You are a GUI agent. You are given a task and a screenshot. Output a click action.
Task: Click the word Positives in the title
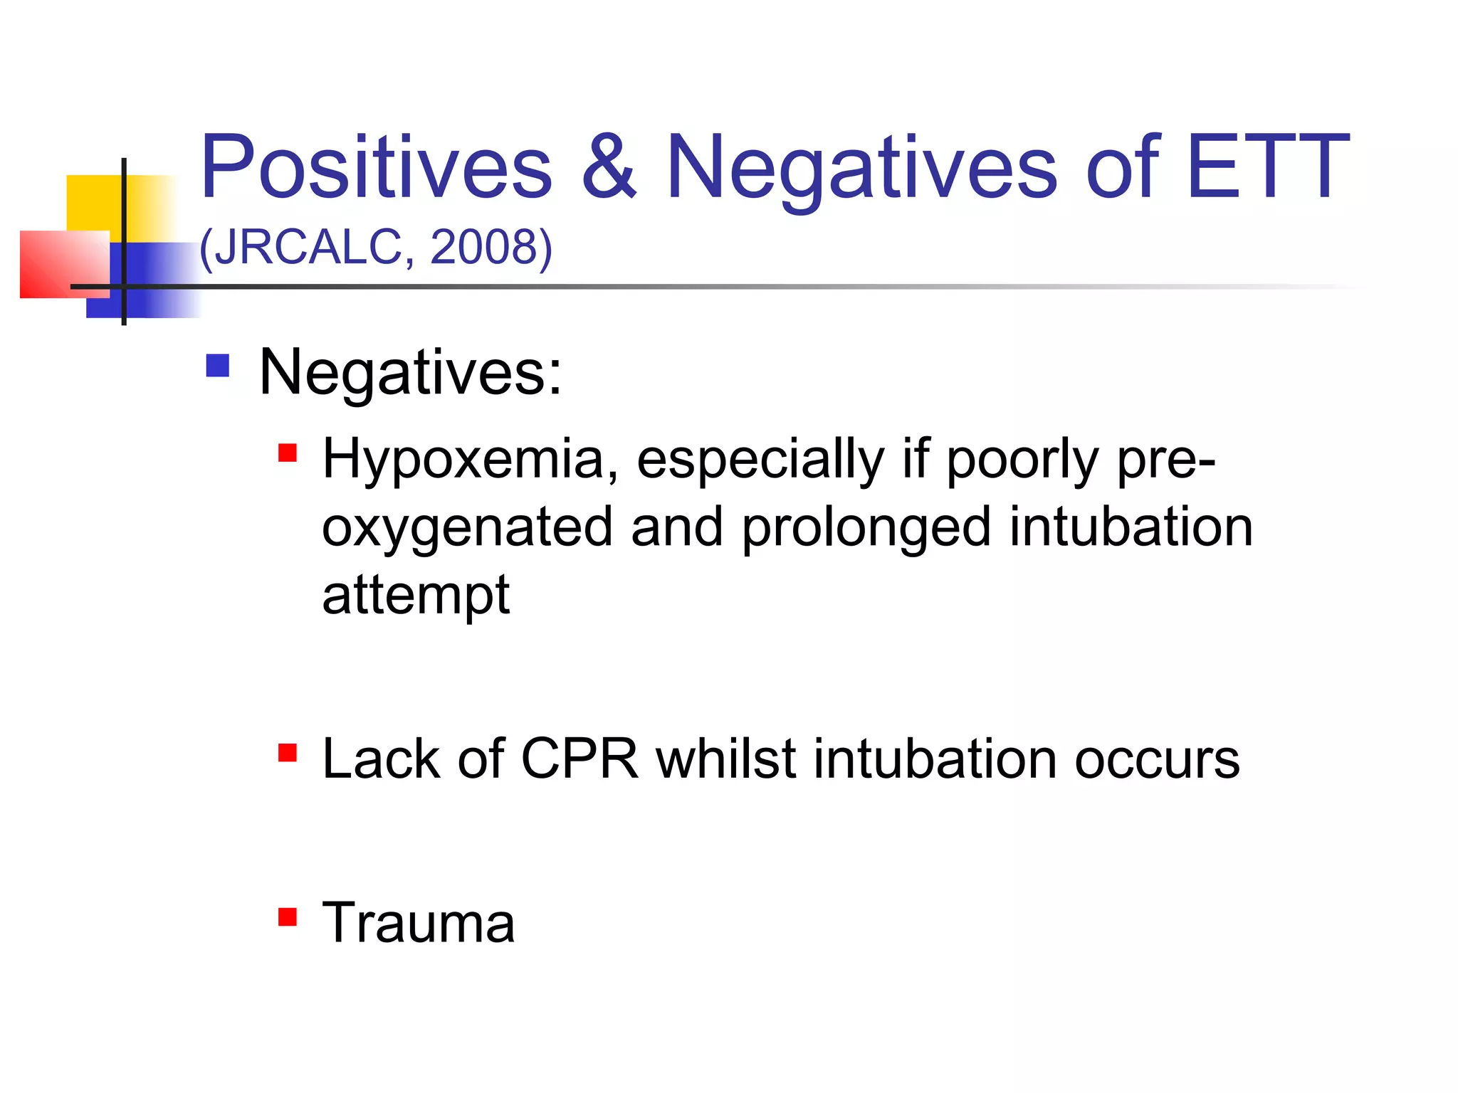coord(376,168)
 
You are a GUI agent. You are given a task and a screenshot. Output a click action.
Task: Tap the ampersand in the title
coord(609,168)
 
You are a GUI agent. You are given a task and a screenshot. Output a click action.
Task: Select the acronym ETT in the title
coord(1267,168)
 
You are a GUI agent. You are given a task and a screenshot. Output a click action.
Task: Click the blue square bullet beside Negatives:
coord(217,366)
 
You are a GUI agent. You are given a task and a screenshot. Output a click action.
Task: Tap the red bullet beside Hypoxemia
coord(287,453)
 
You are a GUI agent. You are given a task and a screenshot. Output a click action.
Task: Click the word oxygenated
coord(467,528)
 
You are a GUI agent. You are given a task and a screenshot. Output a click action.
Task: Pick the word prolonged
coord(866,528)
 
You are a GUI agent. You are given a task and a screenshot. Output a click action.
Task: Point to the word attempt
coord(416,595)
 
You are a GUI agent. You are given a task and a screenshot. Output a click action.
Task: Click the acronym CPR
coord(579,759)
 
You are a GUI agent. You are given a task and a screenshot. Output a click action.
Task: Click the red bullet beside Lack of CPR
coord(287,753)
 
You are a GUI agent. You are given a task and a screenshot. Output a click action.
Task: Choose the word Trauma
coord(419,923)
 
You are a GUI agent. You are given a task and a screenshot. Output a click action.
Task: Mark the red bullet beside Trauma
coord(287,917)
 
